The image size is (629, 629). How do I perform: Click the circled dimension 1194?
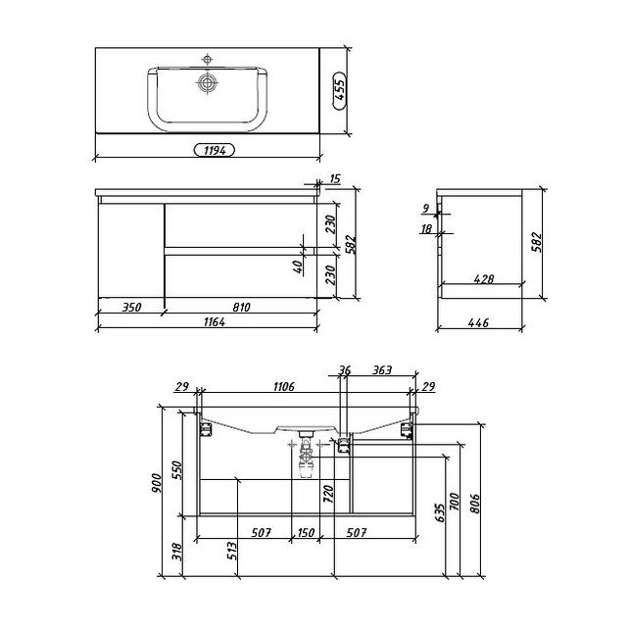point(215,150)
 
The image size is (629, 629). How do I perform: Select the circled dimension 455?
point(339,90)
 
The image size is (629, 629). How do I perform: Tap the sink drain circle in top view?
point(207,83)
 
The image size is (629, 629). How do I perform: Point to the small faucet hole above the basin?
point(207,60)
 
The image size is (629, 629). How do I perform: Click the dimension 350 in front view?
point(131,308)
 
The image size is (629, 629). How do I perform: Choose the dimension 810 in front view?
point(241,308)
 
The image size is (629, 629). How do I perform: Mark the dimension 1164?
point(215,321)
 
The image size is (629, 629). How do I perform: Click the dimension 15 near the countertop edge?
point(334,179)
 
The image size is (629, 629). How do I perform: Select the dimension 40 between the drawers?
point(297,266)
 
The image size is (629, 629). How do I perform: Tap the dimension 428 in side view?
point(483,279)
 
